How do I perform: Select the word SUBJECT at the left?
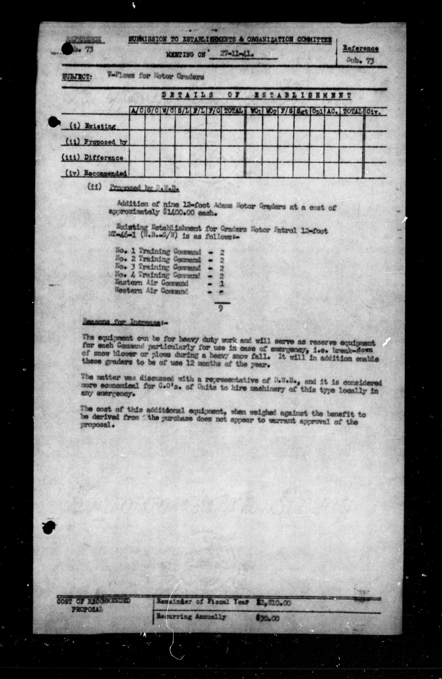pyautogui.click(x=76, y=77)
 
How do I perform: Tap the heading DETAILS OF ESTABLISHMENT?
pyautogui.click(x=256, y=96)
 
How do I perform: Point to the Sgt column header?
pyautogui.click(x=302, y=111)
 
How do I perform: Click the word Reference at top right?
pyautogui.click(x=360, y=48)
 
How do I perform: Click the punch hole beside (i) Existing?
pyautogui.click(x=53, y=122)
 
